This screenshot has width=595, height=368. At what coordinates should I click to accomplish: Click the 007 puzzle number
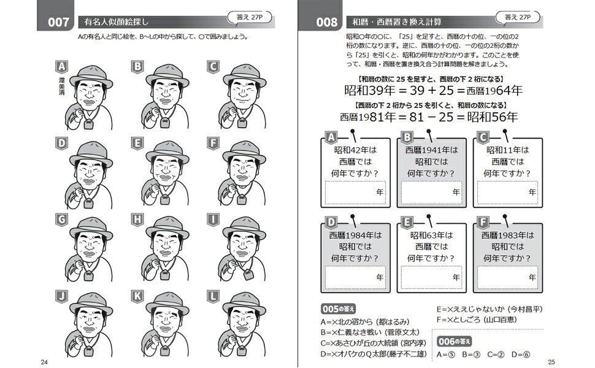pos(58,22)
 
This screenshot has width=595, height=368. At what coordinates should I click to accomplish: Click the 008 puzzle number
pos(326,22)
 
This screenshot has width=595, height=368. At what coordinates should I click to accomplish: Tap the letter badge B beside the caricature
pos(137,67)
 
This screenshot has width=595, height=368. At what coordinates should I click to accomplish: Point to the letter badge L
pos(213,296)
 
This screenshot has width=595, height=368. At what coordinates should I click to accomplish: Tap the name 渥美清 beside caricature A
pos(61,86)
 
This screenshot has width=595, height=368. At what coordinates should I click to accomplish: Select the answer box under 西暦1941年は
pos(431,193)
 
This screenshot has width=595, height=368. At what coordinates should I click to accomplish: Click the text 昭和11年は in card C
pos(508,150)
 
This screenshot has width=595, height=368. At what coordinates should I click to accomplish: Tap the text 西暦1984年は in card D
pos(355,236)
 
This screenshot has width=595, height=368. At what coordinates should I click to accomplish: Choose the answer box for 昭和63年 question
pos(431,277)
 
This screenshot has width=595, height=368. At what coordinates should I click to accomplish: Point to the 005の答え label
pos(338,309)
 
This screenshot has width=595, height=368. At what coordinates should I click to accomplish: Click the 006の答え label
pos(454,342)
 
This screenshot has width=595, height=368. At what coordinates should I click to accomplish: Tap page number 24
pos(44,362)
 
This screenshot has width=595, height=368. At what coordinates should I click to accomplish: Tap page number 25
pos(551,362)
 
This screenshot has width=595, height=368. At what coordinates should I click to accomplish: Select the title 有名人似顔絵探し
pos(116,22)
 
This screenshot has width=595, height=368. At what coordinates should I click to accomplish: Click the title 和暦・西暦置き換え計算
pos(396,22)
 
